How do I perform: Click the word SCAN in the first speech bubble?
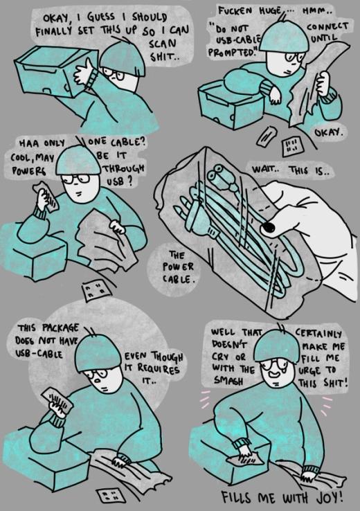tap(163, 44)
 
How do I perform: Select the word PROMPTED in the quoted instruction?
tap(233, 52)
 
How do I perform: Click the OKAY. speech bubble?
tap(329, 133)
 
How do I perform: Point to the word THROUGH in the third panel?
tap(123, 168)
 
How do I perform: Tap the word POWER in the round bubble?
tap(178, 267)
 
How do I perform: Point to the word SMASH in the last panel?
tap(228, 380)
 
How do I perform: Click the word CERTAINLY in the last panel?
tap(318, 333)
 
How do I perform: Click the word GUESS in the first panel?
tap(101, 17)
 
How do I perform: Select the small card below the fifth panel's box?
tap(111, 496)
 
